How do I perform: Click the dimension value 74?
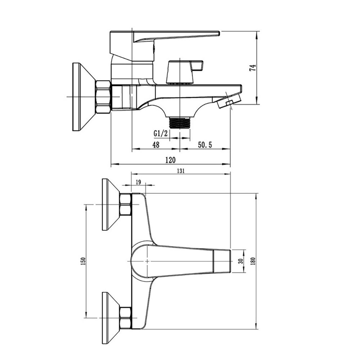pyautogui.click(x=253, y=68)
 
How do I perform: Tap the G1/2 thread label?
pyautogui.click(x=161, y=133)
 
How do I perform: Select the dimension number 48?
pyautogui.click(x=156, y=145)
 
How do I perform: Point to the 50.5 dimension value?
pyautogui.click(x=205, y=145)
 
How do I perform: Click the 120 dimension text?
pyautogui.click(x=170, y=160)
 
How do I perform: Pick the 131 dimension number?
pyautogui.click(x=181, y=171)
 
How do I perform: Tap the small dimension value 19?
pyautogui.click(x=138, y=182)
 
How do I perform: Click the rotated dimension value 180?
pyautogui.click(x=253, y=261)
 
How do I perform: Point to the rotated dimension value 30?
pyautogui.click(x=240, y=261)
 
